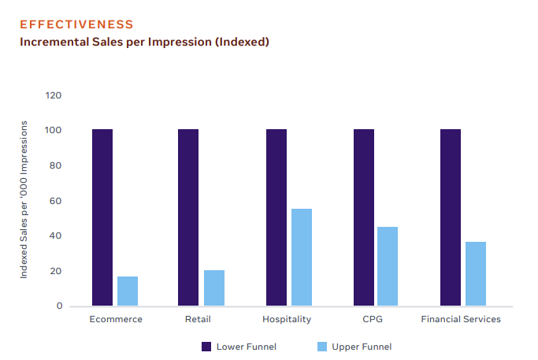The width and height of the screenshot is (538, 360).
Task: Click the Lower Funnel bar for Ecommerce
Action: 102,217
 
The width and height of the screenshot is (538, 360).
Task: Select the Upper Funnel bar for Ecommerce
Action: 128,291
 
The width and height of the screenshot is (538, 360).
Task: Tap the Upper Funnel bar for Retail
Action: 214,288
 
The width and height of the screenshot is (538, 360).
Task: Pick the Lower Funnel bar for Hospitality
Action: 276,217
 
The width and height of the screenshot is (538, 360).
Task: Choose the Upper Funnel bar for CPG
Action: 388,266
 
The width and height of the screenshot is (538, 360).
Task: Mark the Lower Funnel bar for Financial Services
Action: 451,217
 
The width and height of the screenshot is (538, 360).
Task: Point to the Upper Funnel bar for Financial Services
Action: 476,273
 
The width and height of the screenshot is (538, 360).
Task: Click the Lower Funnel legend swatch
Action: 206,347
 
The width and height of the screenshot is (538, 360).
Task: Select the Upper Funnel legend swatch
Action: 321,347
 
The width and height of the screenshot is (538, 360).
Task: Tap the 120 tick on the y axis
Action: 54,95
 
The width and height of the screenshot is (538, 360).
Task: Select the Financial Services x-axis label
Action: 461,319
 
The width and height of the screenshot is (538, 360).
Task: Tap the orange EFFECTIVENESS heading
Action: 76,25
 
